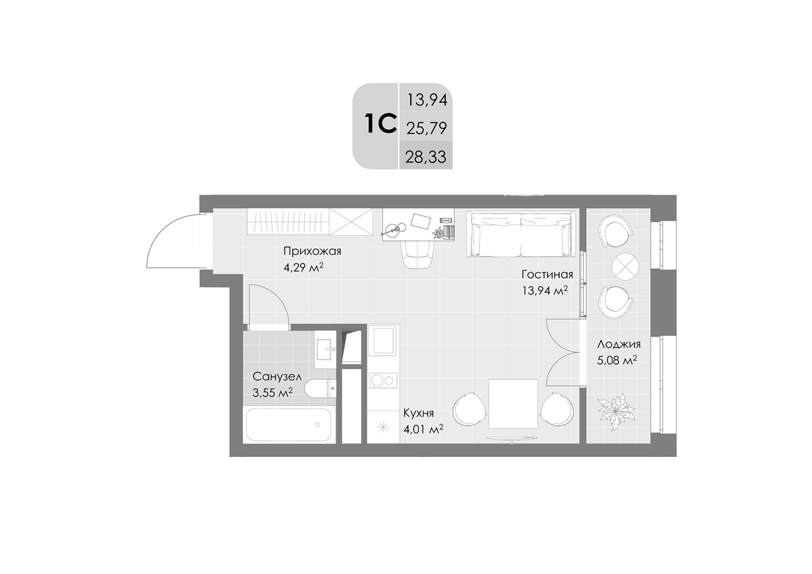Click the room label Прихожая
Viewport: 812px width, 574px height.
(x=312, y=251)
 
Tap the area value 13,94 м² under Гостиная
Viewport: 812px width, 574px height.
(x=545, y=291)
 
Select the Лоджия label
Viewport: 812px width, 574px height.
(x=618, y=344)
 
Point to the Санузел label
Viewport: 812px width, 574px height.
(x=277, y=377)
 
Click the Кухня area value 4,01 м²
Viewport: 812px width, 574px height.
(x=424, y=429)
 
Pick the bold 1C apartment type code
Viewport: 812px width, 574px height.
(x=380, y=124)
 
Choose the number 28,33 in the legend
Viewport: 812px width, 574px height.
(x=426, y=158)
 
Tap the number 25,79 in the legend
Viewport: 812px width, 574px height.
(x=426, y=128)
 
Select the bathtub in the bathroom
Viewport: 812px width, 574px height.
(x=288, y=425)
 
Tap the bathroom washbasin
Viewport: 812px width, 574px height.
(x=325, y=350)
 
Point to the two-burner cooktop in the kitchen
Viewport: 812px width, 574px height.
(x=383, y=381)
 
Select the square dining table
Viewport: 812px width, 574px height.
(x=513, y=404)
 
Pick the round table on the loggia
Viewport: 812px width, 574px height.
(x=625, y=266)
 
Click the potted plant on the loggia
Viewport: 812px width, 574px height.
(x=616, y=412)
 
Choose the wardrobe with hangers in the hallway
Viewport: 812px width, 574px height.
(x=288, y=222)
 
